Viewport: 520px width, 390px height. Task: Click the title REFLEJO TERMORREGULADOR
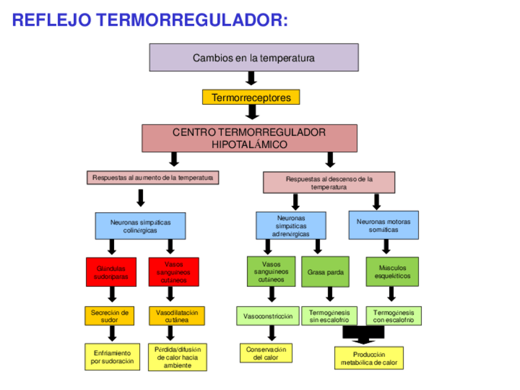[x=150, y=20]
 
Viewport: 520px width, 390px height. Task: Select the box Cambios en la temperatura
[x=254, y=58]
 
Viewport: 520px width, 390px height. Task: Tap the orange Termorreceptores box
[x=251, y=97]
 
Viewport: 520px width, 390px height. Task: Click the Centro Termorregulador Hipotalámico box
[x=249, y=139]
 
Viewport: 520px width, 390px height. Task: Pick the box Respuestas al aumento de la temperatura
[x=153, y=178]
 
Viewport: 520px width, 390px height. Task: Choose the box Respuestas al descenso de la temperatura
[x=329, y=182]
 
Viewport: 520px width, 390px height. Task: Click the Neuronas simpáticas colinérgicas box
[x=140, y=226]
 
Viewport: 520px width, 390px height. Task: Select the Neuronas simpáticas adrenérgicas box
[x=291, y=226]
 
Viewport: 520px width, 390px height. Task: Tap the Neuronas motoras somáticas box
[x=384, y=226]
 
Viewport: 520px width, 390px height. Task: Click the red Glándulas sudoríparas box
[x=112, y=272]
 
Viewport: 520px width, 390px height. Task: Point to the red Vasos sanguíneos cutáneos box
[x=174, y=272]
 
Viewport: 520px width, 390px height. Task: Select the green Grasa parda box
[x=325, y=272]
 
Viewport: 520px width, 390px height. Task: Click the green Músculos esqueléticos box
[x=392, y=272]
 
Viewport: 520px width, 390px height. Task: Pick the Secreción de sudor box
[x=109, y=316]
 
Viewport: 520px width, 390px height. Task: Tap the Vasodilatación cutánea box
[x=177, y=316]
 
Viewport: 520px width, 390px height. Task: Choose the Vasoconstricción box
[x=267, y=316]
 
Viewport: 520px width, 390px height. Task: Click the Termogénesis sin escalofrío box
[x=329, y=316]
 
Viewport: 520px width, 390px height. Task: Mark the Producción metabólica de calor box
[x=369, y=358]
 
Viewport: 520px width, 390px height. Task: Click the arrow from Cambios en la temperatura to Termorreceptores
[x=251, y=78]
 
